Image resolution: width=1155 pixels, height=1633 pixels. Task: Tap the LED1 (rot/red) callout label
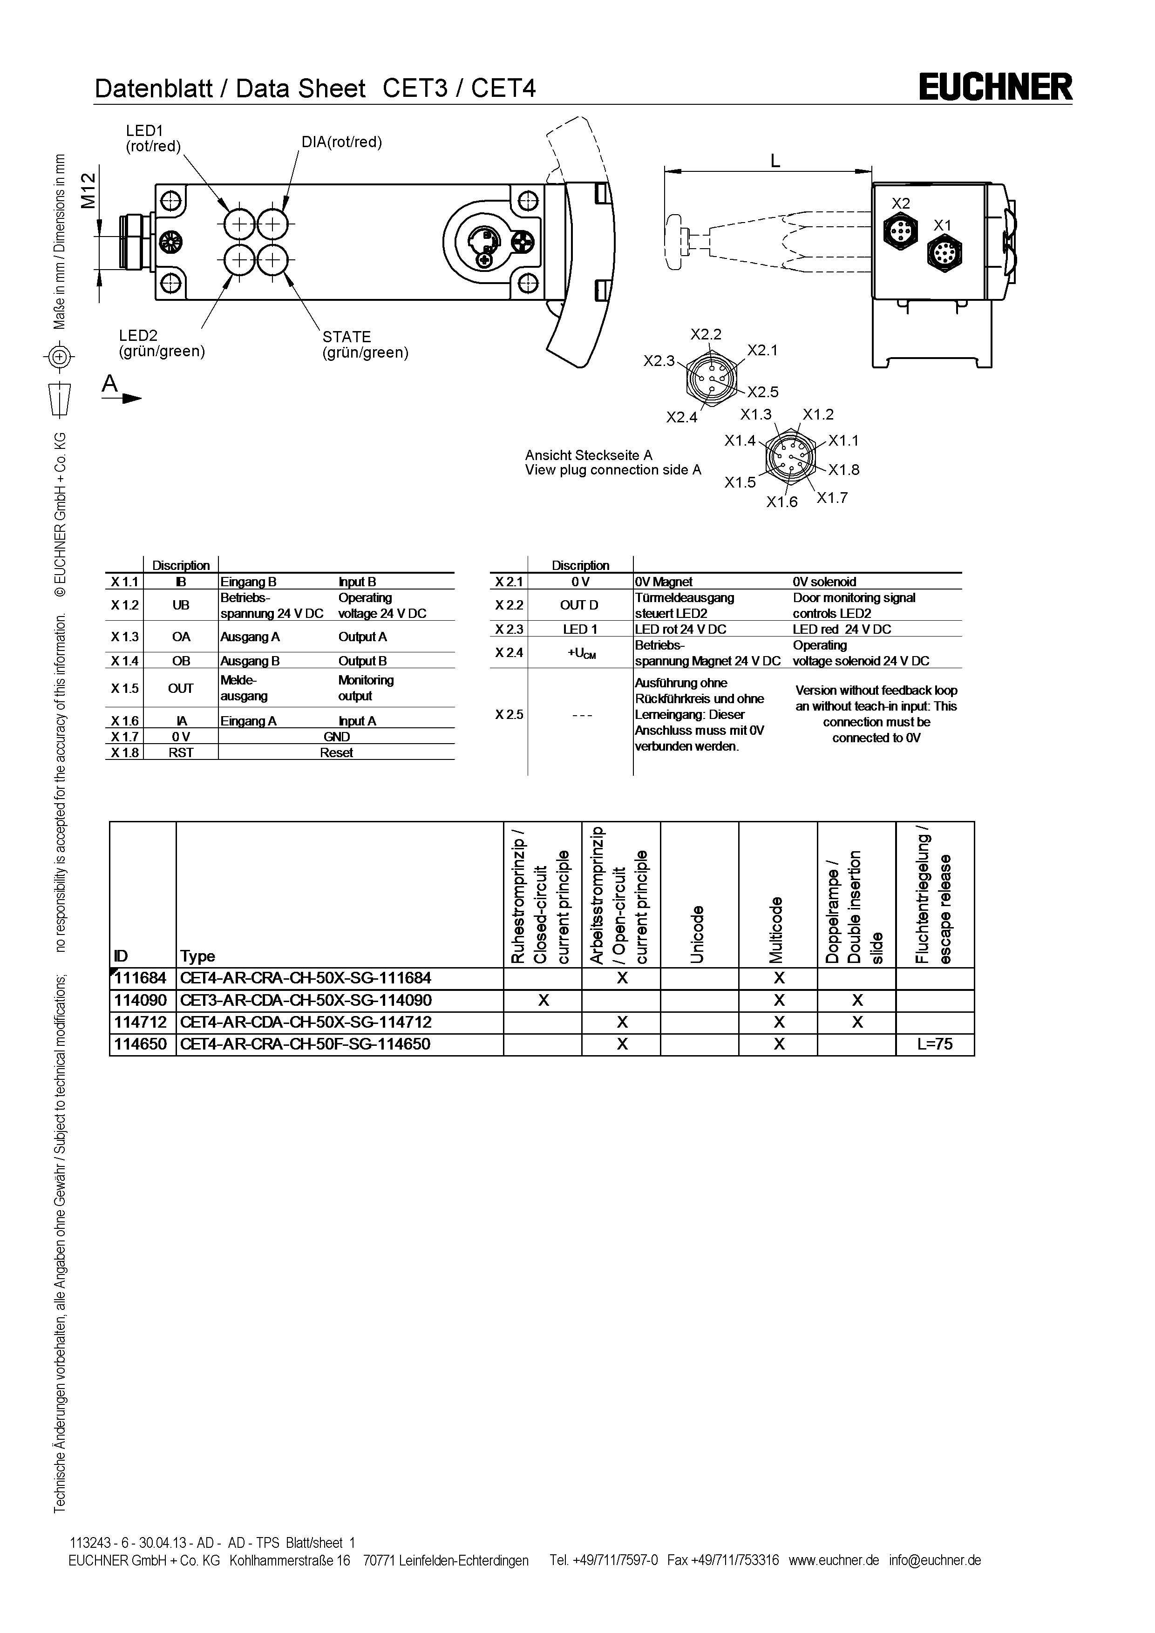[153, 138]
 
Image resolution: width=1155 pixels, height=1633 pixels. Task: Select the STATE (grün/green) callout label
[365, 344]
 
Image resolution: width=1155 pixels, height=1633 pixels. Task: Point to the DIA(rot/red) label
[341, 142]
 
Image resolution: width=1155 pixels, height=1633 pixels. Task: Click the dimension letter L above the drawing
[775, 161]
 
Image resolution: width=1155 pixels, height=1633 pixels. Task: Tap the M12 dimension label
[88, 190]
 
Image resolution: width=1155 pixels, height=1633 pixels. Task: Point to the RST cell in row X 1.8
[181, 752]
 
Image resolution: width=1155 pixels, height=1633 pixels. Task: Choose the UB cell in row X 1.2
[181, 605]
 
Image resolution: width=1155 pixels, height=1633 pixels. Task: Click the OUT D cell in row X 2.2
[580, 605]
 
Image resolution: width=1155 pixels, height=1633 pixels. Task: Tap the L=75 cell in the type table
[935, 1044]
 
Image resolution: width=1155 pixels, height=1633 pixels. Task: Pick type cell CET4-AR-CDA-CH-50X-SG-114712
[306, 1022]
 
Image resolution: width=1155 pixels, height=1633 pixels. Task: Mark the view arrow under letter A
[122, 399]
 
